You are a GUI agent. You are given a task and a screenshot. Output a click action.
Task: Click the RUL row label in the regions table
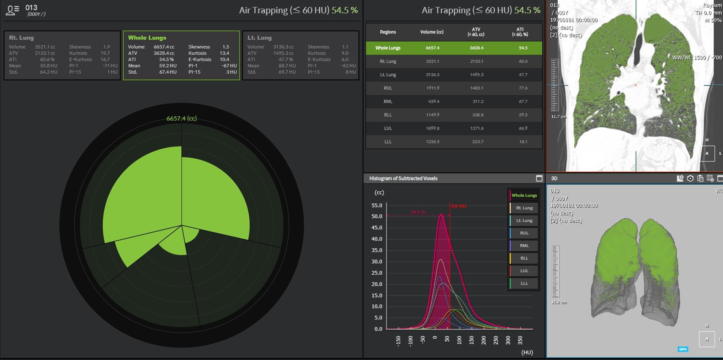[x=388, y=88]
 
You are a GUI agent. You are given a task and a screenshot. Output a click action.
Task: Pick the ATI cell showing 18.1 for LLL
[x=523, y=142]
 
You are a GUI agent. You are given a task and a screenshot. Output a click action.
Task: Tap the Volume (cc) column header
[x=432, y=32]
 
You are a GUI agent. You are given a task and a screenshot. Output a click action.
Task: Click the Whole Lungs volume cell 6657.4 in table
[x=432, y=48]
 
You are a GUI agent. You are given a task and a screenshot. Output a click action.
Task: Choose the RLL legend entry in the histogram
[x=524, y=258]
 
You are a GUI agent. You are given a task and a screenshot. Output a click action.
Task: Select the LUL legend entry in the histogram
[x=524, y=271]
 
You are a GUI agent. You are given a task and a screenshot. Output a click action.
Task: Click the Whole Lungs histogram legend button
[x=524, y=195]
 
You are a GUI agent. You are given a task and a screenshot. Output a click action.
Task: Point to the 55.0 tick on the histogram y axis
[x=377, y=205]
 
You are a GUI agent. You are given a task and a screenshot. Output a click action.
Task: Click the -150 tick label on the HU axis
[x=398, y=341]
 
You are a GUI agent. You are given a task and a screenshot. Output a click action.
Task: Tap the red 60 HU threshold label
[x=459, y=206]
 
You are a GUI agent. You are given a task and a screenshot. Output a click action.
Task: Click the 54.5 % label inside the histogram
[x=418, y=212]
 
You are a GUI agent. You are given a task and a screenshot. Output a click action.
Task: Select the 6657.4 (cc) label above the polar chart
[x=181, y=118]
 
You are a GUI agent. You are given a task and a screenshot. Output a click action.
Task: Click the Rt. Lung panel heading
[x=21, y=38]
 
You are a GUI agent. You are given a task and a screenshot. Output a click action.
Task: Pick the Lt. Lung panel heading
[x=259, y=38]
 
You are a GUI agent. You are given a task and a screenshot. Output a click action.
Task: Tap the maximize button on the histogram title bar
[x=539, y=179]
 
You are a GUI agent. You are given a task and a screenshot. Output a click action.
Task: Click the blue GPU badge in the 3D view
[x=682, y=349]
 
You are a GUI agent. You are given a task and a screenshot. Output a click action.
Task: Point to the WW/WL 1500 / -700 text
[x=697, y=58]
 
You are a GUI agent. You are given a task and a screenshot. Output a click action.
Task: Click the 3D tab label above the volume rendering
[x=554, y=179]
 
